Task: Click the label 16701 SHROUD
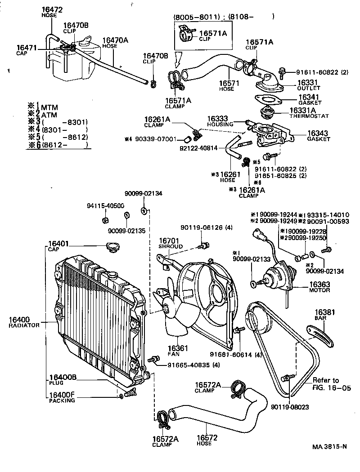click(170, 244)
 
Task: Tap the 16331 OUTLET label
click(308, 85)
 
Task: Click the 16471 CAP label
click(25, 50)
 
